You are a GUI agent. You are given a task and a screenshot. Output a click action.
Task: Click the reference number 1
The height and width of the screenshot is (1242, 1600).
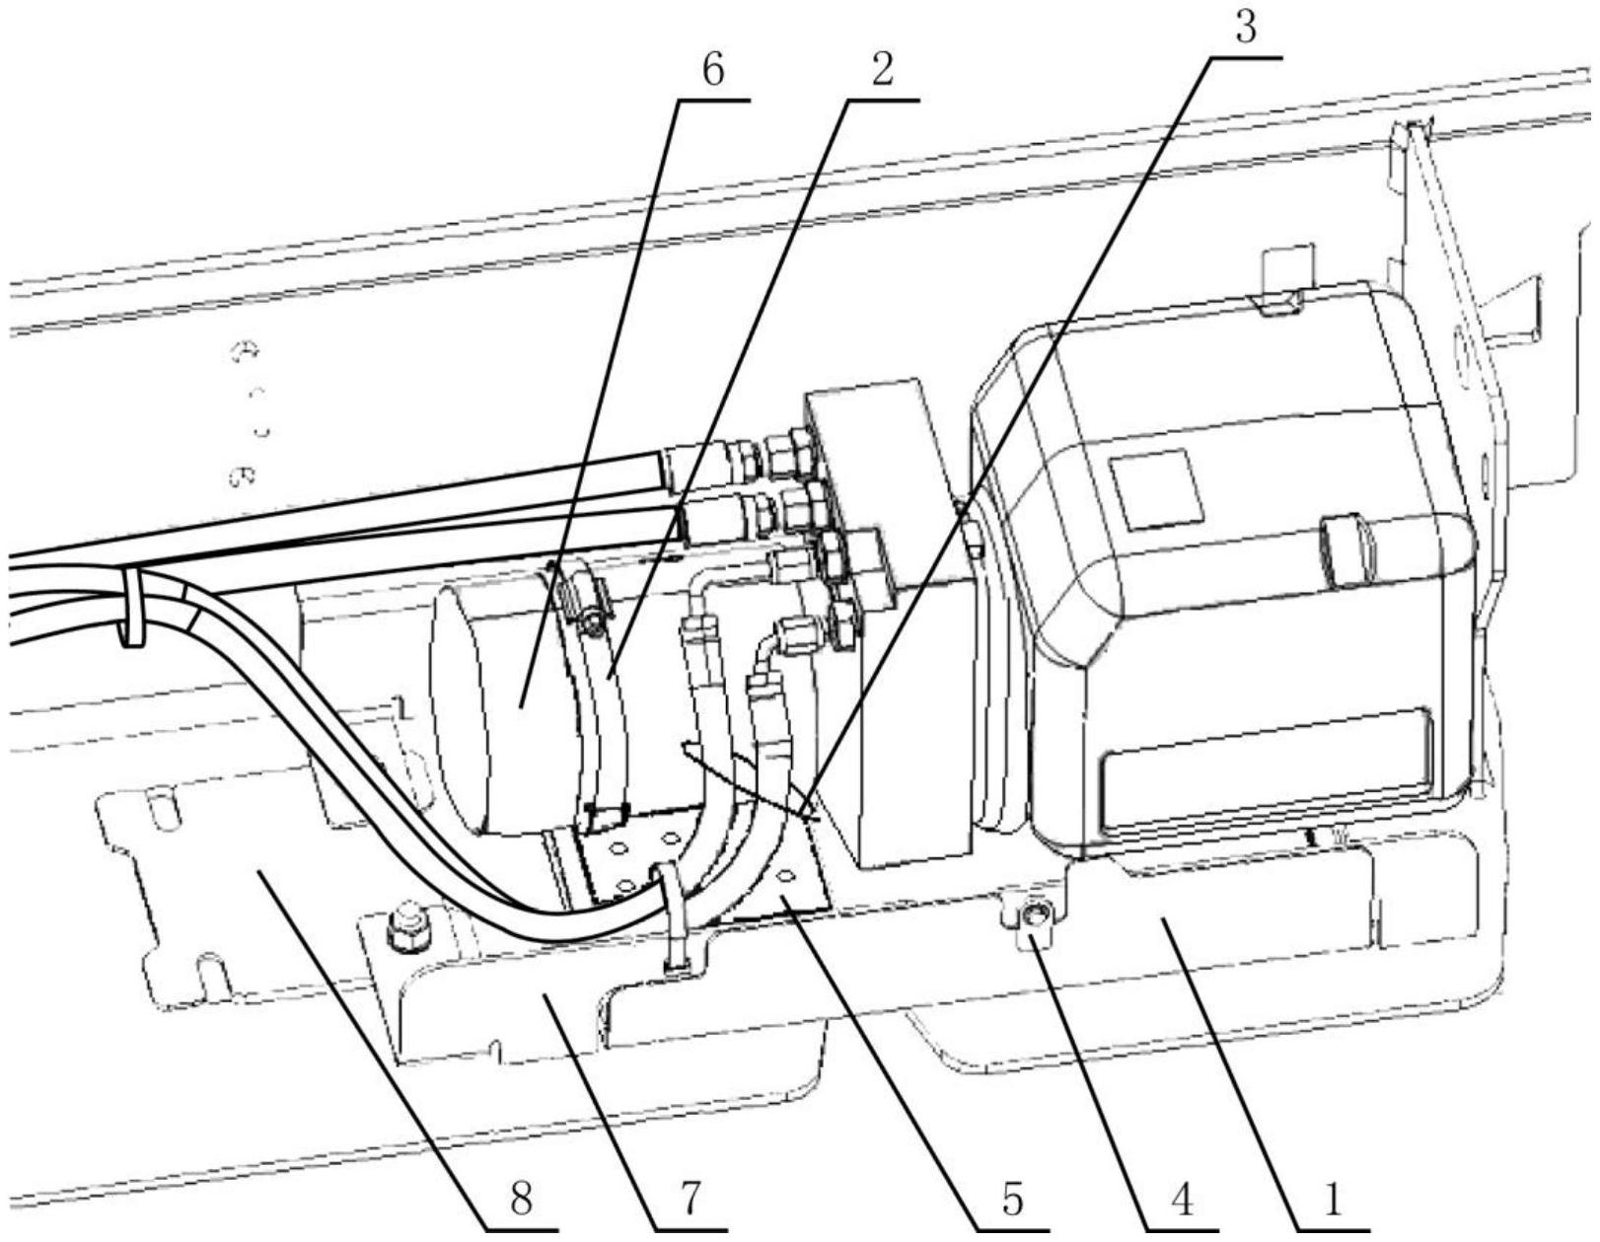point(1332,1200)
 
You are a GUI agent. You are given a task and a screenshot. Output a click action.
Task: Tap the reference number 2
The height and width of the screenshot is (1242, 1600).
point(881,70)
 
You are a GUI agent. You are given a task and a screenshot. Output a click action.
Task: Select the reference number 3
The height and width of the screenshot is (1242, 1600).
point(1246,29)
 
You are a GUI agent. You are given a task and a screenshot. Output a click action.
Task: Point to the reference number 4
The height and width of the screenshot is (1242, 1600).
point(1182,1200)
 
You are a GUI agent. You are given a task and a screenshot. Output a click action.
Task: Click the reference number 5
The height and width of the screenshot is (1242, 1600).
point(1012,1200)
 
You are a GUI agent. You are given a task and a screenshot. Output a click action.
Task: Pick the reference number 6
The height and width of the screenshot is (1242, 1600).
point(712,70)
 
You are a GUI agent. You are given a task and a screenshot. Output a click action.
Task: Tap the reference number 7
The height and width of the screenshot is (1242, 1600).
point(689,1200)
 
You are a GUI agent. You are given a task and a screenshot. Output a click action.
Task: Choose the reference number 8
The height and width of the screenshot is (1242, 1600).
point(520,1200)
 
